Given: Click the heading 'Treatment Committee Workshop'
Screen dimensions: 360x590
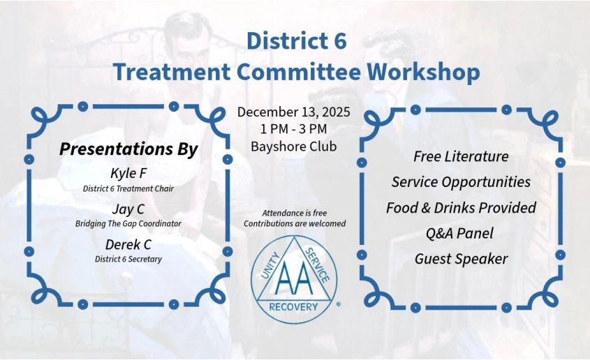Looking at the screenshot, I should coord(296,72).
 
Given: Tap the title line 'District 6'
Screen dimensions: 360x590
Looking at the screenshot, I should coord(296,40).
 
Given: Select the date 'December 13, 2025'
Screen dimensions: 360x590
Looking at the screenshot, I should coord(294,112).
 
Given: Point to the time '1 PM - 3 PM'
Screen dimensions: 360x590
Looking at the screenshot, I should coord(294,129).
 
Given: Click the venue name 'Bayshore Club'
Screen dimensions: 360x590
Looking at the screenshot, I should coord(294,147).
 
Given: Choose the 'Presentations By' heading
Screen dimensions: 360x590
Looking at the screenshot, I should coord(129,149).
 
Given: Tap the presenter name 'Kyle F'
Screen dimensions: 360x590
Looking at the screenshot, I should coord(128,173).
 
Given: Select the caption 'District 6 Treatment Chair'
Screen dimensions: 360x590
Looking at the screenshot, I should coord(128,188).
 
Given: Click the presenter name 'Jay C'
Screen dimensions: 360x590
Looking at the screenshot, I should coord(128,209).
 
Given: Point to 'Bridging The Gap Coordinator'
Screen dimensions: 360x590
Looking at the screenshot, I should coord(128,224).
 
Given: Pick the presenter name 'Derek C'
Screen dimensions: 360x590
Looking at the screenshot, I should coord(128,244).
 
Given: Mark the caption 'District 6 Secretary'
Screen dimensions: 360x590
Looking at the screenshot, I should coord(128,260).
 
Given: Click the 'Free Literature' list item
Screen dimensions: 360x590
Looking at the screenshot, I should coord(461,156).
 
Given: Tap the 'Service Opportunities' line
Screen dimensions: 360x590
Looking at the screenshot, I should coord(461,182).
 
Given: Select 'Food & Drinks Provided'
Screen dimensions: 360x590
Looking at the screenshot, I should coord(461,208).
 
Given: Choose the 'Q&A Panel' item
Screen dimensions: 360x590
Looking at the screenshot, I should coord(461,234).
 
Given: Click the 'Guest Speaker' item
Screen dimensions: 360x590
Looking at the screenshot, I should coord(461,260).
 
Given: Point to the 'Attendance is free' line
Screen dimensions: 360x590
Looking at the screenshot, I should coord(294,213).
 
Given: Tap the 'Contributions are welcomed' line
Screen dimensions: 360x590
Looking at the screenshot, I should coord(294,224).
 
